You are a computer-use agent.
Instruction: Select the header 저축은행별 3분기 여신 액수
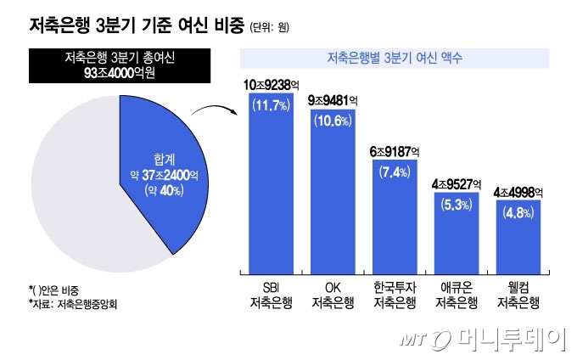tap(395, 59)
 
